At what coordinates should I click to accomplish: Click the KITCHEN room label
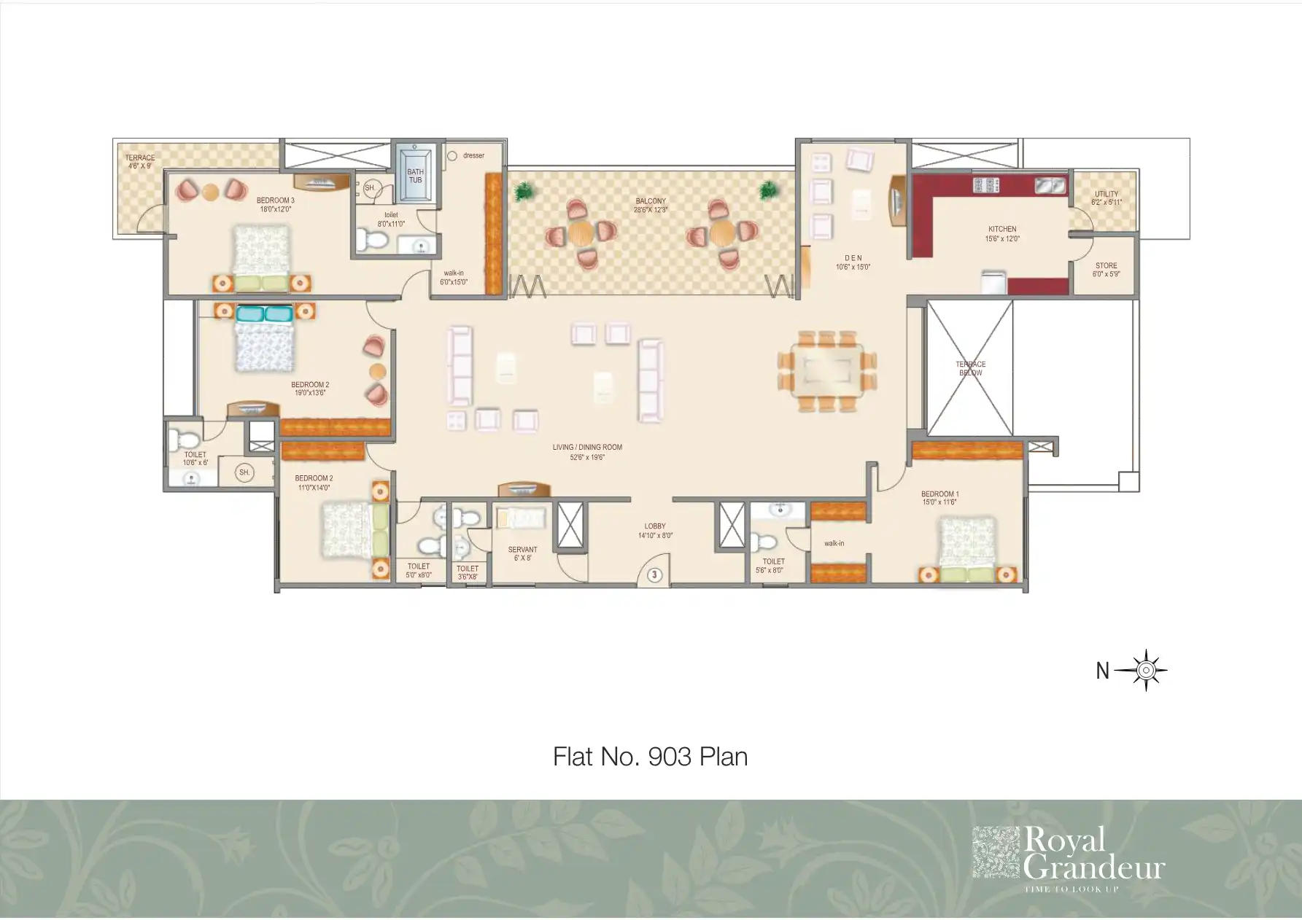pyautogui.click(x=1002, y=229)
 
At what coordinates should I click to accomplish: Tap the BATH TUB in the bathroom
pyautogui.click(x=415, y=176)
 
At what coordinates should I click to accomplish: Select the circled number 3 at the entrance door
pyautogui.click(x=655, y=575)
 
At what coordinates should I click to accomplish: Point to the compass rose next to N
pyautogui.click(x=1146, y=670)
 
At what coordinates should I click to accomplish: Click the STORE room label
pyautogui.click(x=1106, y=266)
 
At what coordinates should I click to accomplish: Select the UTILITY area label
pyautogui.click(x=1106, y=195)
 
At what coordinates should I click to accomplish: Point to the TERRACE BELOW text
pyautogui.click(x=970, y=368)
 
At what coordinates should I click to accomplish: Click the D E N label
pyautogui.click(x=853, y=258)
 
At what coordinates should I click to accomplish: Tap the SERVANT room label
pyautogui.click(x=522, y=550)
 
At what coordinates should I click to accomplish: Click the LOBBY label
pyautogui.click(x=654, y=526)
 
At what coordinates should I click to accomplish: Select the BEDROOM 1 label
pyautogui.click(x=939, y=494)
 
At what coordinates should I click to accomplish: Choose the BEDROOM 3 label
pyautogui.click(x=275, y=200)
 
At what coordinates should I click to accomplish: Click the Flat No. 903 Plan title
pyautogui.click(x=650, y=757)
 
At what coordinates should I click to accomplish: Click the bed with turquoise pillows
pyautogui.click(x=264, y=340)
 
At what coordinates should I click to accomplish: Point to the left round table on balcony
pyautogui.click(x=581, y=234)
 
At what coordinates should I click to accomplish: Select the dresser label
pyautogui.click(x=473, y=155)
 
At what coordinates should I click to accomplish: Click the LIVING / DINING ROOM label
pyautogui.click(x=587, y=448)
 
